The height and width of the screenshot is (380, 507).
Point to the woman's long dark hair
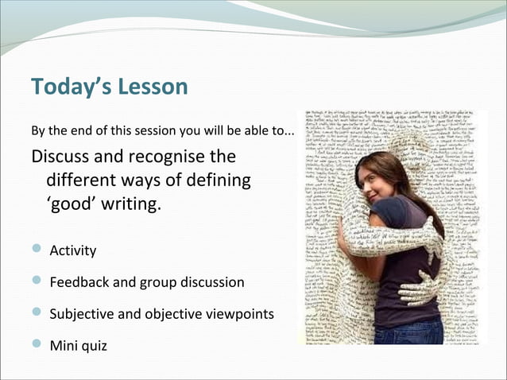pos(413,187)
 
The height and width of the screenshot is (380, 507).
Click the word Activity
pos(73,251)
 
